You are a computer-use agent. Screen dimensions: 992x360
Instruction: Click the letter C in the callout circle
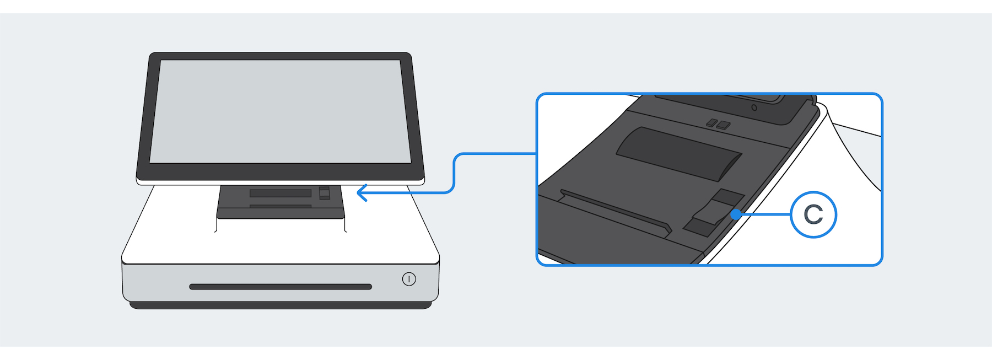click(813, 214)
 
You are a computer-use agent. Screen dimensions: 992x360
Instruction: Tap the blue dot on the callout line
click(736, 214)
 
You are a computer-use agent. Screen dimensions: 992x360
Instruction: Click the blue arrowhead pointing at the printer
click(362, 193)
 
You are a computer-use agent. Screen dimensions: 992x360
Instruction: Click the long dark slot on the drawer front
click(281, 287)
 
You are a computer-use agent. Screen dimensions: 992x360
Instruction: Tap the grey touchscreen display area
click(281, 110)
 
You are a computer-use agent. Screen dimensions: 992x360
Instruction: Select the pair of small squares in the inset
click(719, 124)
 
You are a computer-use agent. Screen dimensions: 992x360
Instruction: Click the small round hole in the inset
click(754, 108)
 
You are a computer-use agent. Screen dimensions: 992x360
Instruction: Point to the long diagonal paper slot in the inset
click(614, 210)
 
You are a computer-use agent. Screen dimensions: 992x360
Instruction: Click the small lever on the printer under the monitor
click(325, 193)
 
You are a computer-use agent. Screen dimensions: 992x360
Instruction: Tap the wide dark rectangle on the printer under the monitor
click(281, 193)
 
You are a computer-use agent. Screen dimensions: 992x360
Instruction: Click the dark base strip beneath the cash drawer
click(281, 305)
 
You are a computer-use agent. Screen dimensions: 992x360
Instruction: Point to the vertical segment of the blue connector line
click(454, 174)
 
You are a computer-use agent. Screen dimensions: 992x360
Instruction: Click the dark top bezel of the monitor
click(281, 56)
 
